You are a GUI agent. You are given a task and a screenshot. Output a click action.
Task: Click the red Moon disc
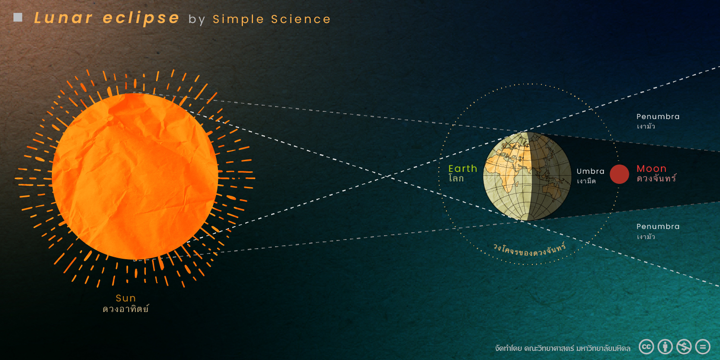(x=619, y=174)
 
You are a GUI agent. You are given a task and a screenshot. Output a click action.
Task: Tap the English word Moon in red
(x=651, y=168)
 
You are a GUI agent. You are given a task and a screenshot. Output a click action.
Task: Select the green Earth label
(x=463, y=168)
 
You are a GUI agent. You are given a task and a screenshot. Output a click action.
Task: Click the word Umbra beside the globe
(x=590, y=171)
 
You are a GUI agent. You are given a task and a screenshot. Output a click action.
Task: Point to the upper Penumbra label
(x=658, y=116)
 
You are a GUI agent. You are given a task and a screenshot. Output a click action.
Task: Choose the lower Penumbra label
(x=658, y=226)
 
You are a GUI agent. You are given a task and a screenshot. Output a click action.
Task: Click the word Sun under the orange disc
(x=126, y=298)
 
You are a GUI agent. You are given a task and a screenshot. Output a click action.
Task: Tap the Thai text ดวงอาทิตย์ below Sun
(x=126, y=309)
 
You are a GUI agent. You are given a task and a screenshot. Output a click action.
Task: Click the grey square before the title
(x=18, y=17)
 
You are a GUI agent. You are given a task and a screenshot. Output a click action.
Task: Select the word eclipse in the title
(x=141, y=18)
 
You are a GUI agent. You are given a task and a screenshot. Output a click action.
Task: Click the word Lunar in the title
(x=63, y=18)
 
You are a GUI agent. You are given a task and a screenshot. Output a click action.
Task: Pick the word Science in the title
(x=301, y=19)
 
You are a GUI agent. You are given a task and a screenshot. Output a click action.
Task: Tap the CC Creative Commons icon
(x=646, y=347)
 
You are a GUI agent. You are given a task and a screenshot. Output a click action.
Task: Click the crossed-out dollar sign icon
(x=684, y=347)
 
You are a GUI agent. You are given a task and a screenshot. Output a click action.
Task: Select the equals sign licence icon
(x=703, y=347)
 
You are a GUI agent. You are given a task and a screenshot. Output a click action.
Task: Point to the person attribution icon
(x=665, y=347)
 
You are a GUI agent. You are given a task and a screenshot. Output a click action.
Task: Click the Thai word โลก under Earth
(x=456, y=179)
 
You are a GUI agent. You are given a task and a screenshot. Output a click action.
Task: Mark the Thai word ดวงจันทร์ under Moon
(x=656, y=179)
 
